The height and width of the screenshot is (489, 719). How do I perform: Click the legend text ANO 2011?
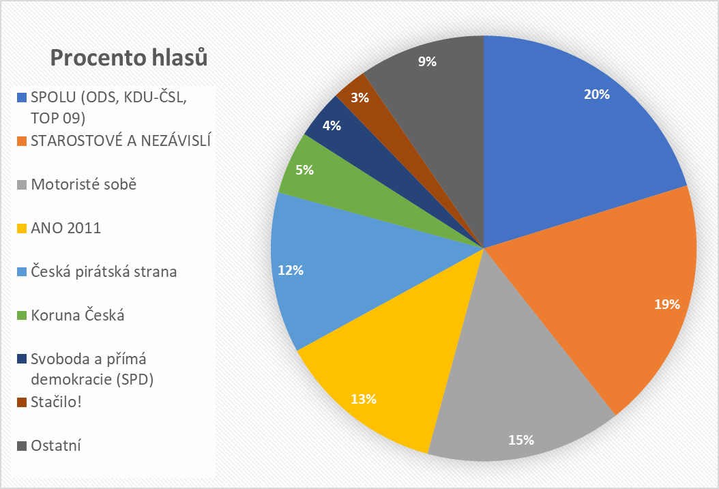pyautogui.click(x=65, y=228)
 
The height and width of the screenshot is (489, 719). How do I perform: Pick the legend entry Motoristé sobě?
pyautogui.click(x=84, y=185)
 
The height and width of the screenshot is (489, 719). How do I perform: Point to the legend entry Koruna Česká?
pyautogui.click(x=78, y=316)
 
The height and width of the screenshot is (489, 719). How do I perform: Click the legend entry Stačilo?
pyautogui.click(x=56, y=402)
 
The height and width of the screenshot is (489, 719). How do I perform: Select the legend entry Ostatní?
pyautogui.click(x=56, y=446)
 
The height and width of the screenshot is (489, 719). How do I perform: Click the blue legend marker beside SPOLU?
pyautogui.click(x=21, y=98)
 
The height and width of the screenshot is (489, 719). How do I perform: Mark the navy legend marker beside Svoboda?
pyautogui.click(x=21, y=359)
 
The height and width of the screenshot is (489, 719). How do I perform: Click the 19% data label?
pyautogui.click(x=666, y=305)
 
